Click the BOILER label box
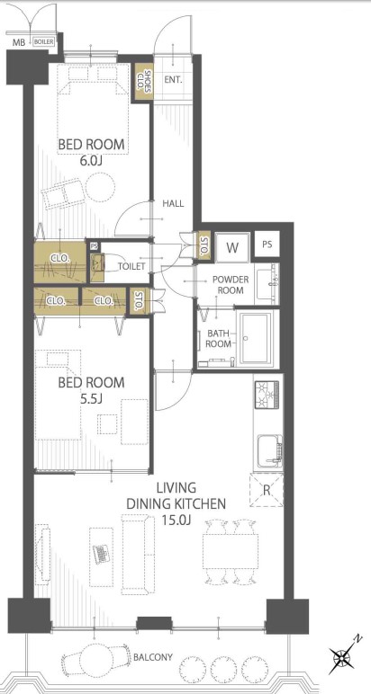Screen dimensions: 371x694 pyautogui.click(x=44, y=42)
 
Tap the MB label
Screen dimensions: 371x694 pyautogui.click(x=18, y=42)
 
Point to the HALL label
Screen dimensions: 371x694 pyautogui.click(x=173, y=203)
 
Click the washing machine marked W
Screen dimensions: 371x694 pyautogui.click(x=232, y=247)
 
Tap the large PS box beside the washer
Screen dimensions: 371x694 pyautogui.click(x=267, y=245)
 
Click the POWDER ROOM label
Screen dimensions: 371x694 pyautogui.click(x=231, y=285)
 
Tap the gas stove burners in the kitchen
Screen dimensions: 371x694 pyautogui.click(x=267, y=395)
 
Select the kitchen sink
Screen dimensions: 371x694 pyautogui.click(x=269, y=450)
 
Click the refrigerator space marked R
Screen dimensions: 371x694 pyautogui.click(x=267, y=490)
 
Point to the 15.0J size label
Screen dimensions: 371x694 pyautogui.click(x=176, y=520)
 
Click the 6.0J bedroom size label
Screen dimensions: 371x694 pyautogui.click(x=91, y=161)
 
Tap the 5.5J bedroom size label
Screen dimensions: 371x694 pyautogui.click(x=91, y=398)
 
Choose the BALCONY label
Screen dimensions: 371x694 pyautogui.click(x=153, y=657)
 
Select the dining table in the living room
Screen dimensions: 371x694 pyautogui.click(x=231, y=551)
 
